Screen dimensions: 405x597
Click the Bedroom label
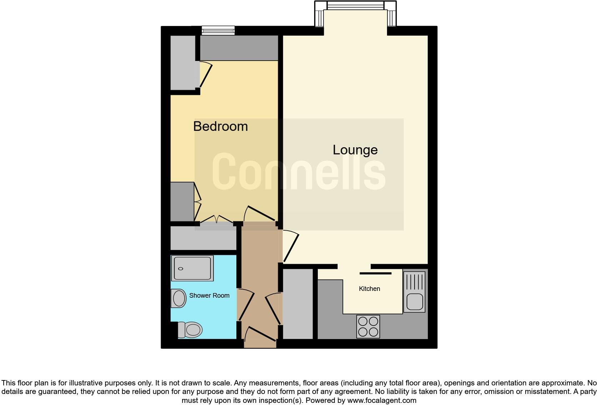pos(220,126)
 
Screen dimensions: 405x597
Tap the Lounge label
pos(355,150)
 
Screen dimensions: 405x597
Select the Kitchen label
pos(369,289)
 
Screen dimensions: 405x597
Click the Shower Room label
pos(209,296)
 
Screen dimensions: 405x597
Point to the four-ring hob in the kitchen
pos(368,327)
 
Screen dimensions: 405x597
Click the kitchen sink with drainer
pos(414,292)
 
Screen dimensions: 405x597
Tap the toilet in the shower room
pos(190,330)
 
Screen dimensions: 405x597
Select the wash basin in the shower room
pos(179,298)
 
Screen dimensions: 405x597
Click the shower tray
pos(192,268)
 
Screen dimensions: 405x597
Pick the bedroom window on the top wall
pos(218,31)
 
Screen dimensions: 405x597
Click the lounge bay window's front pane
pos(355,6)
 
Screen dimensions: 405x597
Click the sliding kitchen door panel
pos(375,273)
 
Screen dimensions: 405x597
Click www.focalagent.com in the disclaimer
pos(381,400)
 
